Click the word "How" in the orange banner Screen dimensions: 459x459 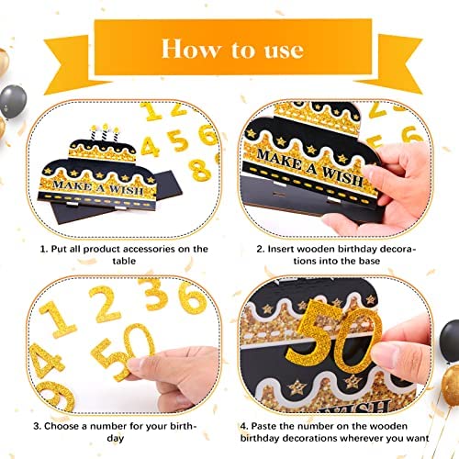pos(191,49)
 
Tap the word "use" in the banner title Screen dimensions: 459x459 pos(284,50)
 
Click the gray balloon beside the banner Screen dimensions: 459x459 pos(13,102)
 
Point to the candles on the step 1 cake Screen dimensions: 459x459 pos(105,132)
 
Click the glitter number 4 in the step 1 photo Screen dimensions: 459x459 pos(150,147)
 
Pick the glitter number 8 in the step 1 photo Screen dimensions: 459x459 pos(200,169)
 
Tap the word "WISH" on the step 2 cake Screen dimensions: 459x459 pos(343,176)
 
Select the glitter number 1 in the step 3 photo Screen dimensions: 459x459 pos(58,319)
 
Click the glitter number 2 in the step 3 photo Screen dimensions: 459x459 pos(104,304)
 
